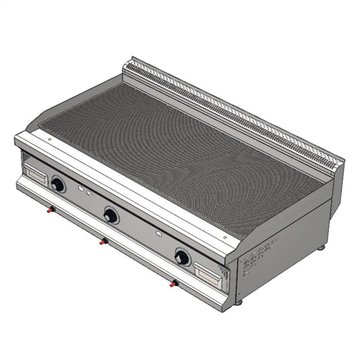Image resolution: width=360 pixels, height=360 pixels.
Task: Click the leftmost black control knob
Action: click(x=58, y=185)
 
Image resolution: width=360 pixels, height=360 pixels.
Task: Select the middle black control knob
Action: click(x=111, y=216)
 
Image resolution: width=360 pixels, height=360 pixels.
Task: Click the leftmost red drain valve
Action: click(x=49, y=210)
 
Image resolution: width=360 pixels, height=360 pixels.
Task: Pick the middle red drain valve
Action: click(x=103, y=241)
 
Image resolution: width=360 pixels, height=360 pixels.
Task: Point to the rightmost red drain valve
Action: click(x=174, y=283)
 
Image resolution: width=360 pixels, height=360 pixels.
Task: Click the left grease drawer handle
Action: click(x=37, y=175)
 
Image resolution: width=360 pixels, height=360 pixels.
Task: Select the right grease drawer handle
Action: click(x=209, y=274)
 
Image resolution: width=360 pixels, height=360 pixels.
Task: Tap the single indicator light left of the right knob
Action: click(x=159, y=232)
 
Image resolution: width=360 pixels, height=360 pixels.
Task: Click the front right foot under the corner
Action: click(x=239, y=302)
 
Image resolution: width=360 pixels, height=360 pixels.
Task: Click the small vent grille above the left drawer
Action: click(x=26, y=156)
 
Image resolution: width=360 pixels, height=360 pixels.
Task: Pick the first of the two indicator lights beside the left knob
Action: click(x=81, y=189)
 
